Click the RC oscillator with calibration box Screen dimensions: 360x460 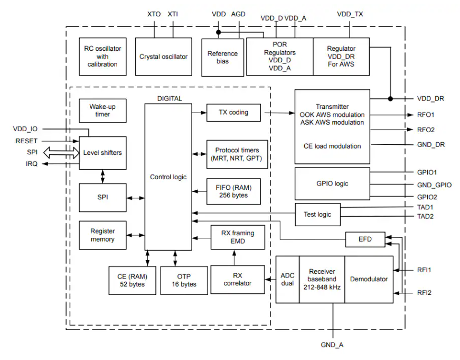(102, 57)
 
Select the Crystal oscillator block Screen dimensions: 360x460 (163, 57)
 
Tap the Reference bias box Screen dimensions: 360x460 (222, 57)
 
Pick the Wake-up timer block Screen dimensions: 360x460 (102, 110)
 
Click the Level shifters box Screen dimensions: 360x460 (102, 153)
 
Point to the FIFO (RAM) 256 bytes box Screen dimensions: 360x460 (233, 191)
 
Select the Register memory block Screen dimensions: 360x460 (102, 235)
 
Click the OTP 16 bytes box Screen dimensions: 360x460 (184, 280)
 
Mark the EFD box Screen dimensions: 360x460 (365, 239)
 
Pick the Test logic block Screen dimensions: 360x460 (317, 214)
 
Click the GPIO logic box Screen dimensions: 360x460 (332, 183)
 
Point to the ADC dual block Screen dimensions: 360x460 (287, 279)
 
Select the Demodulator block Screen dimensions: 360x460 (369, 279)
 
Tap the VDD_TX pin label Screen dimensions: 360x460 (350, 15)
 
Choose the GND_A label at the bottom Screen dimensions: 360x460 (332, 345)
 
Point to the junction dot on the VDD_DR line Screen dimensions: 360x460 (390, 98)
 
